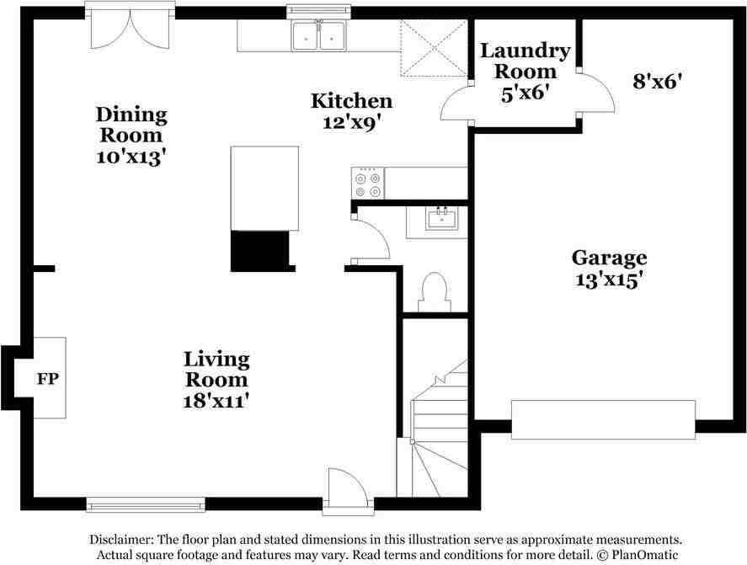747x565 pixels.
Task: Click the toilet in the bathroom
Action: [x=434, y=292]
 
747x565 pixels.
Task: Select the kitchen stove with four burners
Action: [x=368, y=184]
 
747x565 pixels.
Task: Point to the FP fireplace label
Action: [x=48, y=379]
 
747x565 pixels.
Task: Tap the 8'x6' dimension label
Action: [x=657, y=82]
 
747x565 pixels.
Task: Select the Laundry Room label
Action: [x=525, y=61]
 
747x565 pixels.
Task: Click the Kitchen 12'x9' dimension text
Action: [x=352, y=122]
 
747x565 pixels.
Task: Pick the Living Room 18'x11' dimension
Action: [x=216, y=401]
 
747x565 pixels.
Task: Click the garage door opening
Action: [x=603, y=419]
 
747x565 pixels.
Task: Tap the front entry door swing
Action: [x=348, y=491]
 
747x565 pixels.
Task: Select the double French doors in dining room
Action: [x=130, y=28]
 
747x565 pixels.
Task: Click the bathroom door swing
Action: [x=371, y=238]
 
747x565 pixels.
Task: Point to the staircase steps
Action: [x=439, y=429]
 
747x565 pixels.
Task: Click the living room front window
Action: [x=146, y=504]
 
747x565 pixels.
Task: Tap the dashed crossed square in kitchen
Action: [x=434, y=48]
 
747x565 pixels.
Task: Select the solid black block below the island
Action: [x=260, y=251]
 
